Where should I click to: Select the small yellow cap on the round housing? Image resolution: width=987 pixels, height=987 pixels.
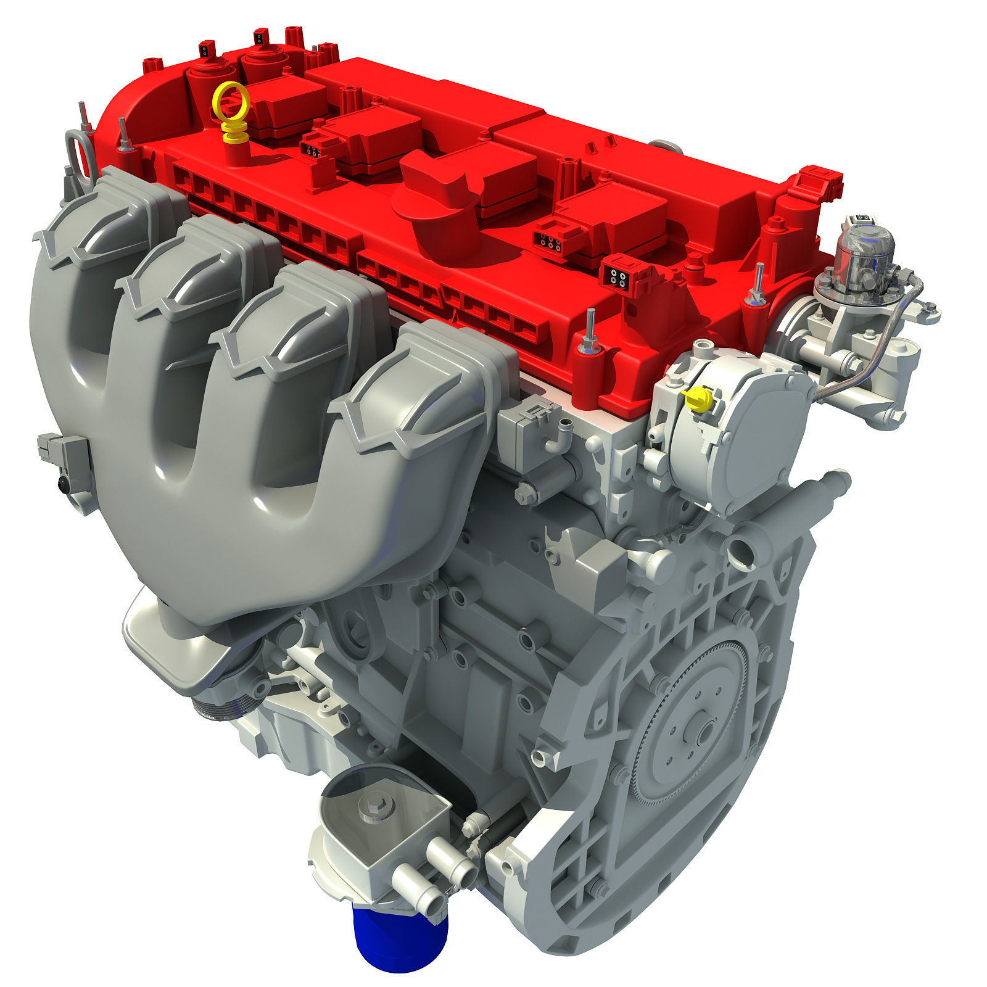pos(696,399)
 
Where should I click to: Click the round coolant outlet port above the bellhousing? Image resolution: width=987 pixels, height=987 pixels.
pos(741,548)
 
